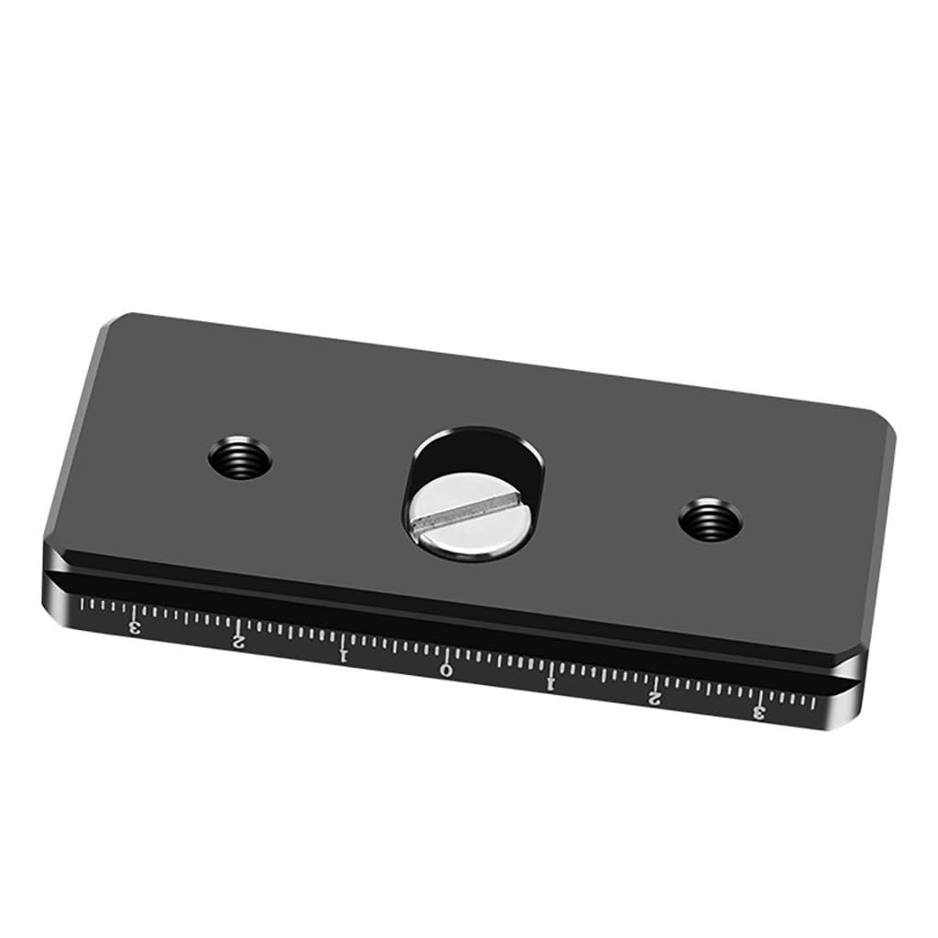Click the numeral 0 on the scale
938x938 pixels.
446,669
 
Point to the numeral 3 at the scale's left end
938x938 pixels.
136,627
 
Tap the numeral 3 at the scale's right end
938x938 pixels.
758,713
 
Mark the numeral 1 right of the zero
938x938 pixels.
551,683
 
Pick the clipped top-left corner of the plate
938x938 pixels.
108,325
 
